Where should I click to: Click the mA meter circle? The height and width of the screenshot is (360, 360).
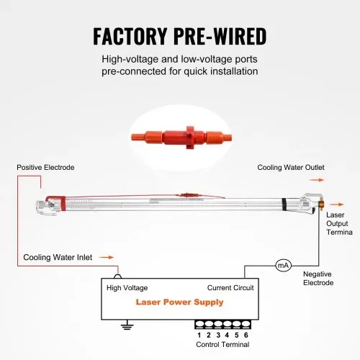[x=283, y=265]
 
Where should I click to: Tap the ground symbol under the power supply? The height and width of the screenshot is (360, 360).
[x=127, y=325]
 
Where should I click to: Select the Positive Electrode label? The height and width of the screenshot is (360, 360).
[x=45, y=167]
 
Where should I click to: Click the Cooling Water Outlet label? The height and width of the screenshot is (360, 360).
[x=291, y=167]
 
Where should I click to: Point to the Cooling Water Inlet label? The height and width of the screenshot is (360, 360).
[x=58, y=257]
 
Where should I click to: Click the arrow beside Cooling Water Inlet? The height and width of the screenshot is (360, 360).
[x=107, y=257]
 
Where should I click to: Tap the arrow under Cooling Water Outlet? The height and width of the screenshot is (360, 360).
[x=317, y=180]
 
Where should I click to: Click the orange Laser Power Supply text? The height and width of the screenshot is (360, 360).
[x=179, y=302]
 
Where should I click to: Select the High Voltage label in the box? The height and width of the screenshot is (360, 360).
[x=127, y=288]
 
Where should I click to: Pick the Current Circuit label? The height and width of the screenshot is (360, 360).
[x=230, y=288]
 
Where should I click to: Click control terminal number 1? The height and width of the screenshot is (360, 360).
[x=199, y=335]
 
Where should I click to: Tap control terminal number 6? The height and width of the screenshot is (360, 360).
[x=246, y=335]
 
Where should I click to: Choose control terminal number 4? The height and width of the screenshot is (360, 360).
[x=227, y=335]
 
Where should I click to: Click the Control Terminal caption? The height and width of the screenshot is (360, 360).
[x=222, y=344]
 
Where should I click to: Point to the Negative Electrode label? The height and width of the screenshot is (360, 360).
[x=318, y=279]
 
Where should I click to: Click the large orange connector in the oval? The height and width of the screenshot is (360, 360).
[x=181, y=138]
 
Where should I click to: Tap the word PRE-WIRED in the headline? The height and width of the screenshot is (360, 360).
[x=220, y=36]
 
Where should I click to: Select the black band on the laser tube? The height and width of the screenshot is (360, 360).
[x=284, y=204]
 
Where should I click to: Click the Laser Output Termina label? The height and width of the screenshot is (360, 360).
[x=339, y=223]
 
